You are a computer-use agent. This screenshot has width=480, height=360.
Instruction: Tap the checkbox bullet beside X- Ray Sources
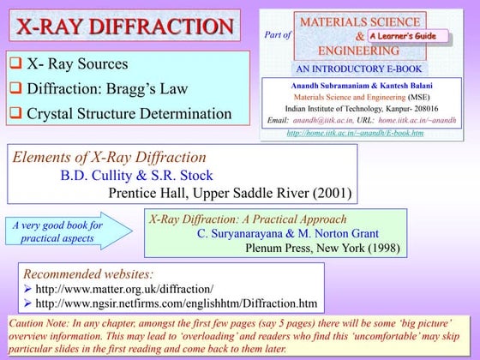[x=16, y=64]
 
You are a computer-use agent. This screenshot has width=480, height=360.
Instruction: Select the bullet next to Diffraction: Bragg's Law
[x=16, y=88]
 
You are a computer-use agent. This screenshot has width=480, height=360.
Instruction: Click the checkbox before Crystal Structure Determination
[x=16, y=112]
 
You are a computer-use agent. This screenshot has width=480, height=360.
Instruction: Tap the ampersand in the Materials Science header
[x=358, y=36]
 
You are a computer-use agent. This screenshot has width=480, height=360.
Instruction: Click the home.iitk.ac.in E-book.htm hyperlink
[x=355, y=133]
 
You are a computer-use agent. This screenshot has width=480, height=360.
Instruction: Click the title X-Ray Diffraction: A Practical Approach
[x=248, y=219]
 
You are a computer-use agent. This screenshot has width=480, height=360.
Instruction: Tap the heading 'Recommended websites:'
[x=88, y=274]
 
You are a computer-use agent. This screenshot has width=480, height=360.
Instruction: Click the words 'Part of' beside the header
[x=279, y=35]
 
